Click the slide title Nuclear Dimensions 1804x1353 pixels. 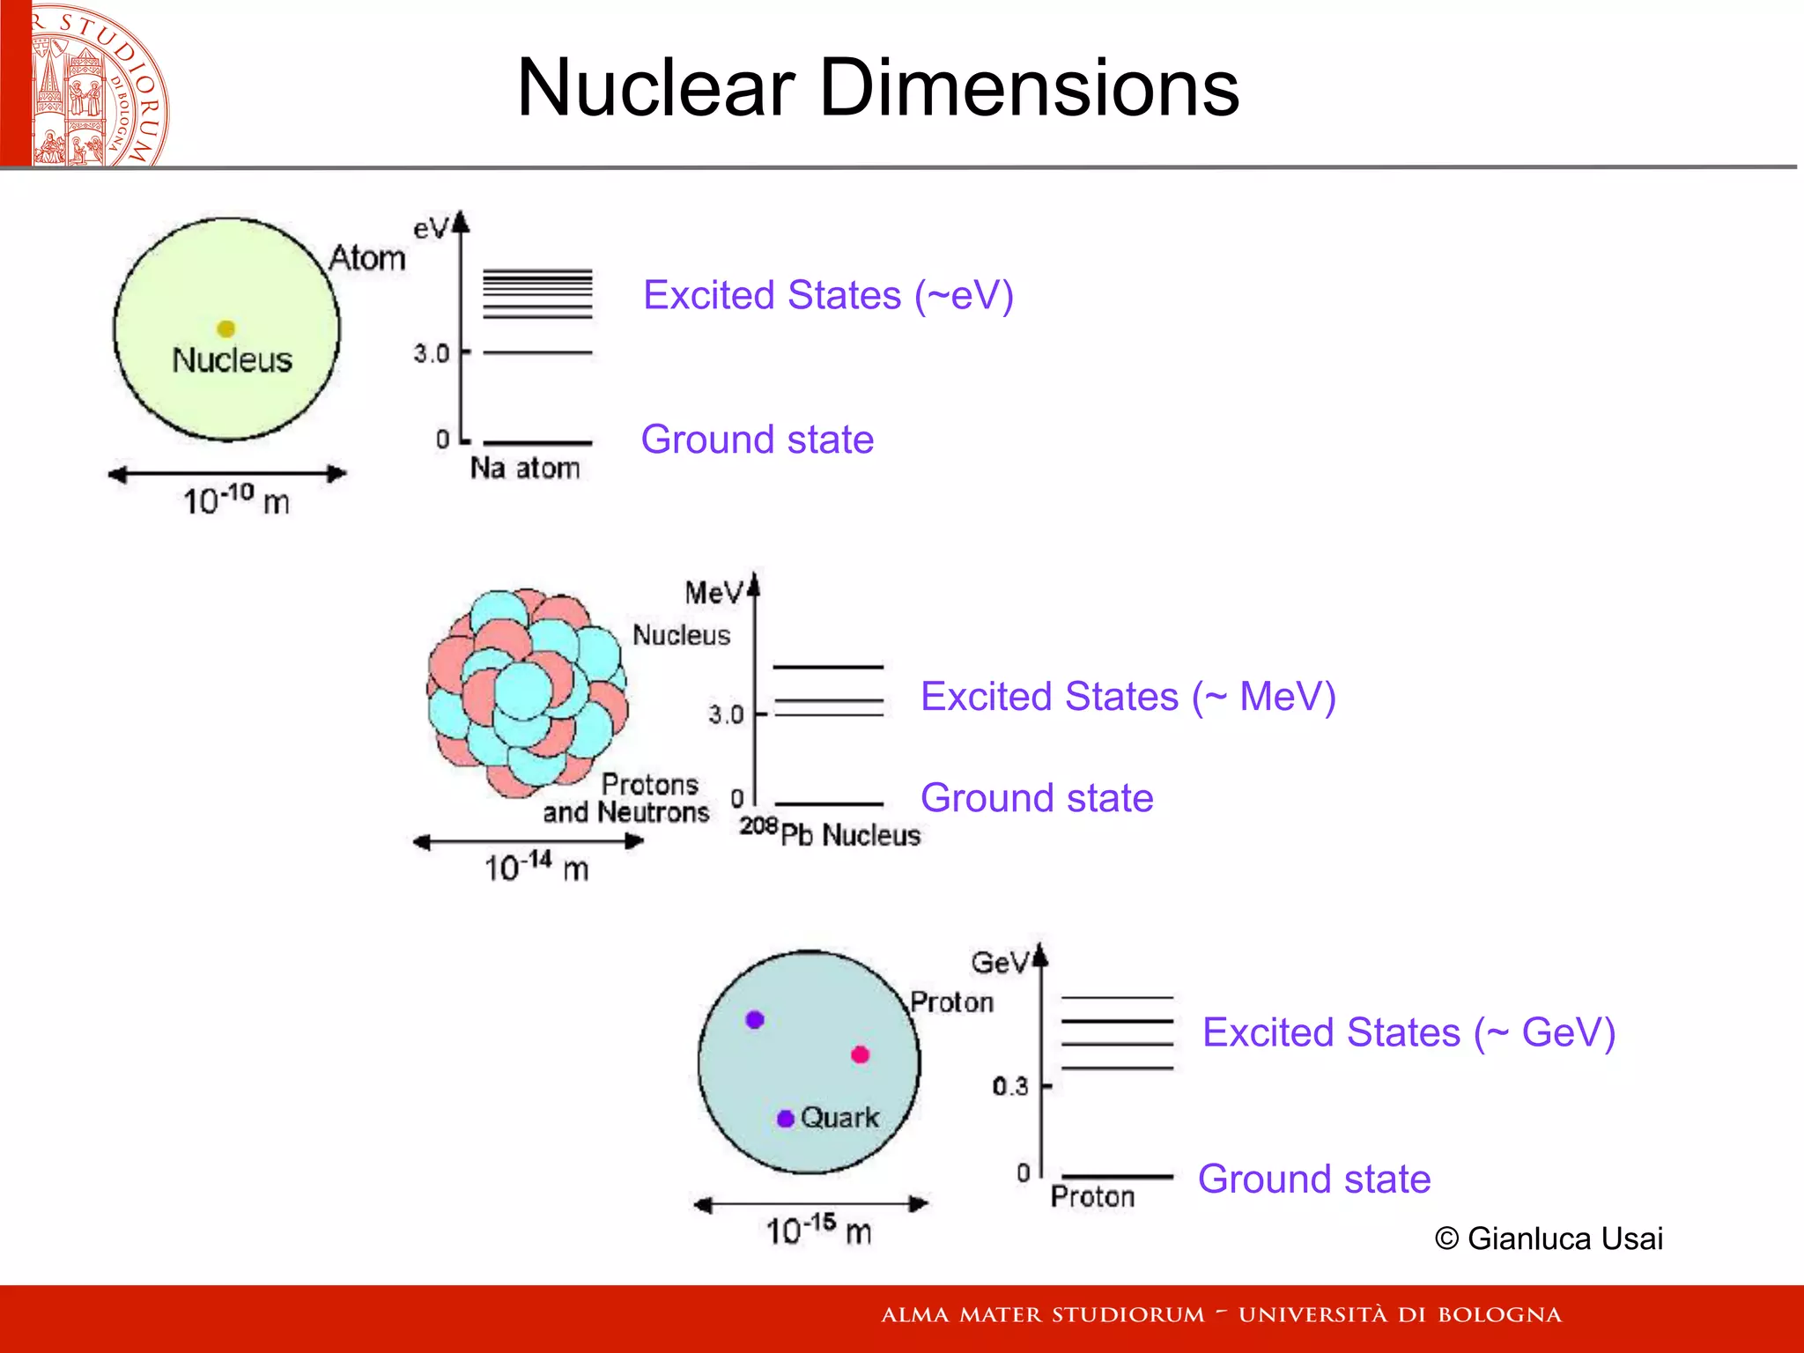pyautogui.click(x=877, y=88)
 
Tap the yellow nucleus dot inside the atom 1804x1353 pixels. pyautogui.click(x=226, y=329)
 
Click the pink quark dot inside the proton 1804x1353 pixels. pyautogui.click(x=861, y=1054)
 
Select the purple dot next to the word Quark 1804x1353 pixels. pyautogui.click(x=786, y=1119)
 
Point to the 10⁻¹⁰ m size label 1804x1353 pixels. pyautogui.click(x=236, y=500)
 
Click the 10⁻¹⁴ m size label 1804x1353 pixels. pyautogui.click(x=536, y=867)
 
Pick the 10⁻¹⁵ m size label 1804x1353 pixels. pyautogui.click(x=818, y=1229)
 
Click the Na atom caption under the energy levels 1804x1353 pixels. pyautogui.click(x=525, y=468)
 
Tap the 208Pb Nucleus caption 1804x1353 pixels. pyautogui.click(x=830, y=832)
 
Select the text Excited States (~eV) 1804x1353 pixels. pyautogui.click(x=828, y=295)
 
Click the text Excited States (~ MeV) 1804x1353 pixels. pyautogui.click(x=1127, y=697)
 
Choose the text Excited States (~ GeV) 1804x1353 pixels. pyautogui.click(x=1408, y=1032)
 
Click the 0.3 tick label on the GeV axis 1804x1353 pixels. pyautogui.click(x=1009, y=1086)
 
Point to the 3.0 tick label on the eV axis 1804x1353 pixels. pyautogui.click(x=431, y=353)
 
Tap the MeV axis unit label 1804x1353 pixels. pyautogui.click(x=713, y=593)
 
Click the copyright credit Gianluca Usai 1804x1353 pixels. pyautogui.click(x=1549, y=1238)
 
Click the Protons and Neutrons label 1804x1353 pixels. pyautogui.click(x=627, y=798)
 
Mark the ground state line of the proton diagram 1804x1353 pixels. pyautogui.click(x=1117, y=1177)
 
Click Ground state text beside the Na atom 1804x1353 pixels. pyautogui.click(x=758, y=440)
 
